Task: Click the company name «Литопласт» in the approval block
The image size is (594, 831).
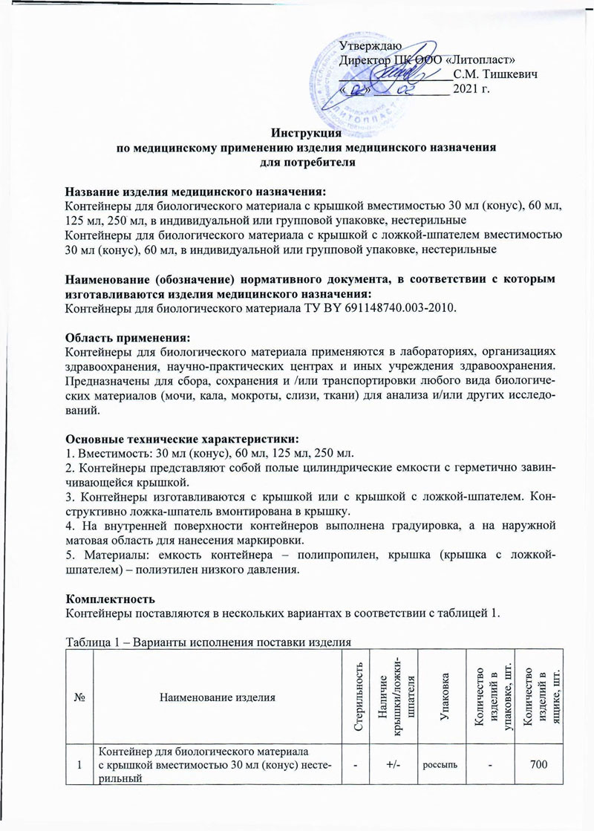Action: [482, 60]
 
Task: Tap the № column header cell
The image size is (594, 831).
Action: [79, 697]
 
